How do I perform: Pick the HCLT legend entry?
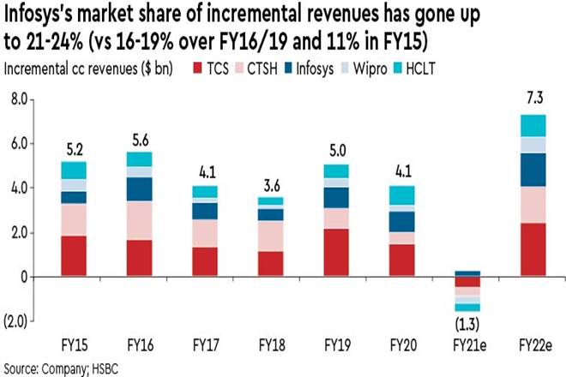430,69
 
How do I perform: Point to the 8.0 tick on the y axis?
19,99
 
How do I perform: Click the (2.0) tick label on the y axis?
17,320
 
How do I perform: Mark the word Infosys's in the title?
44,16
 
